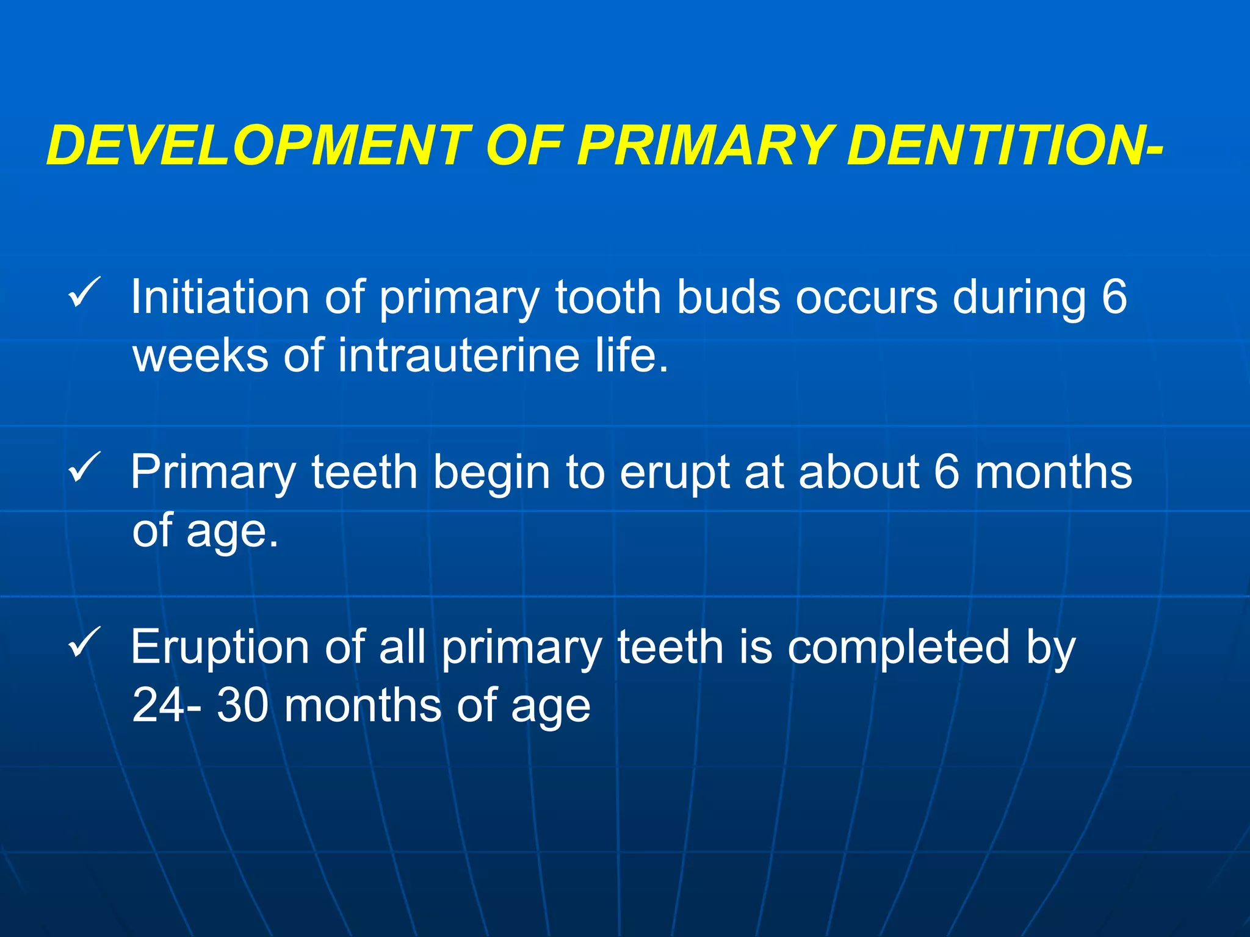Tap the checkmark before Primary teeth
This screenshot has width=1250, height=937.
click(84, 468)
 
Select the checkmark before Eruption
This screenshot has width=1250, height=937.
click(84, 642)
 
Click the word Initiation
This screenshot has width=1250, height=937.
click(220, 297)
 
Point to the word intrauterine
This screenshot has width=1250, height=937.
click(458, 355)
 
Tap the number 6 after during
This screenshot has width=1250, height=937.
click(1114, 297)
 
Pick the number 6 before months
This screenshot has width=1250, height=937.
click(947, 473)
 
